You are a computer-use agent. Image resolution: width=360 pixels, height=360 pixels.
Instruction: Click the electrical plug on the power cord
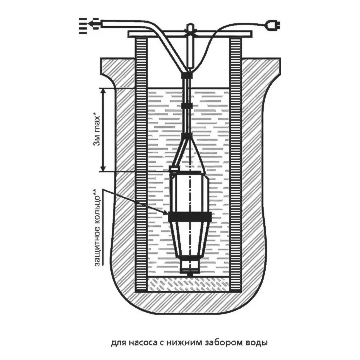273,25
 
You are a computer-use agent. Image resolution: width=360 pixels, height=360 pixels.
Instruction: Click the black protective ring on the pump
190,217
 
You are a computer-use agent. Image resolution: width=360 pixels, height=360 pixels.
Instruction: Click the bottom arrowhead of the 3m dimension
103,168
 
